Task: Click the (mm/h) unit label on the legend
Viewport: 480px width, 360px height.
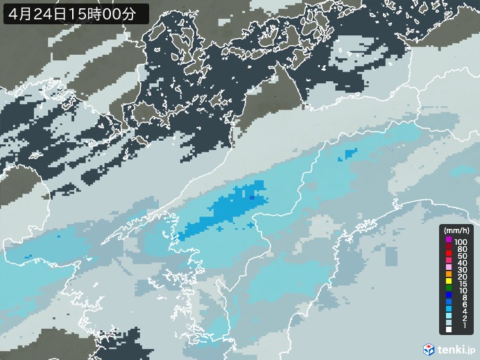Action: (x=457, y=230)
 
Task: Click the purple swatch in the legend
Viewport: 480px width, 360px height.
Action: (x=449, y=240)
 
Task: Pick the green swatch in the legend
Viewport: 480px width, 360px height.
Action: (x=449, y=289)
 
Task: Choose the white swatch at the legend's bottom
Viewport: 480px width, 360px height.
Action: (x=449, y=338)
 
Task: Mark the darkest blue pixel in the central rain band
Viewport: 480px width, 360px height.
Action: (x=251, y=198)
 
